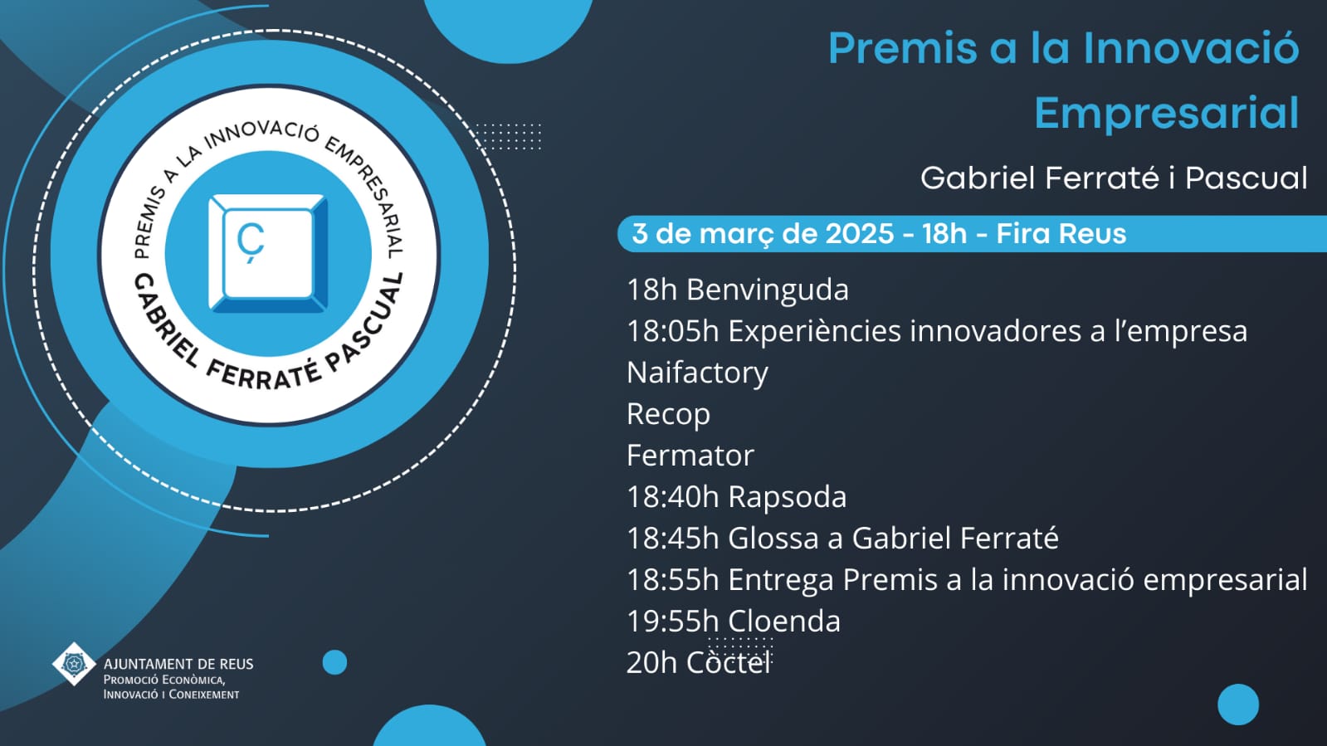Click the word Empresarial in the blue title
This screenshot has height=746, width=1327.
[x=1167, y=113]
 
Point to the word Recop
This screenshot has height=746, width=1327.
[x=668, y=414]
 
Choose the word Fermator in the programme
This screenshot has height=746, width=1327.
[x=690, y=455]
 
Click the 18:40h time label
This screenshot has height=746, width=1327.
[x=672, y=496]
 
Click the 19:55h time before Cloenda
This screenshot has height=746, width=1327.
[x=672, y=621]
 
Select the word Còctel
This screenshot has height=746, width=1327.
[x=728, y=662]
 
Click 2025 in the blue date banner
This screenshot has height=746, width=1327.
[x=860, y=233]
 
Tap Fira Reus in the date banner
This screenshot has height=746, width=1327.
[x=1061, y=233]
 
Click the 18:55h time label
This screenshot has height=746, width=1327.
[x=672, y=579]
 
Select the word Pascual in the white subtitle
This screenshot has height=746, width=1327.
[x=1246, y=178]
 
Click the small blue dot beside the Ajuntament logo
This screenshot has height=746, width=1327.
[x=334, y=662]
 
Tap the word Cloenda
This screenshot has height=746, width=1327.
[x=783, y=621]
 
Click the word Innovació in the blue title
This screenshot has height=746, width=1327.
[x=1192, y=47]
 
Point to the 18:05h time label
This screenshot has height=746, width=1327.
[x=672, y=331]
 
